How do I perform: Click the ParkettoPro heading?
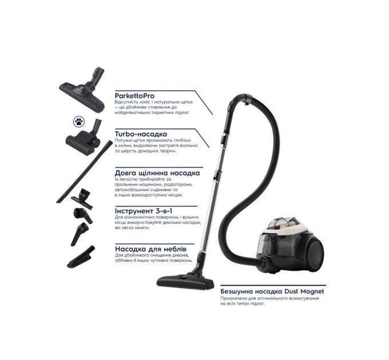click(134, 95)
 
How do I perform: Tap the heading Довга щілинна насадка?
click(157, 172)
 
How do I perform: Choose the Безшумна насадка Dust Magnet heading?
click(272, 291)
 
